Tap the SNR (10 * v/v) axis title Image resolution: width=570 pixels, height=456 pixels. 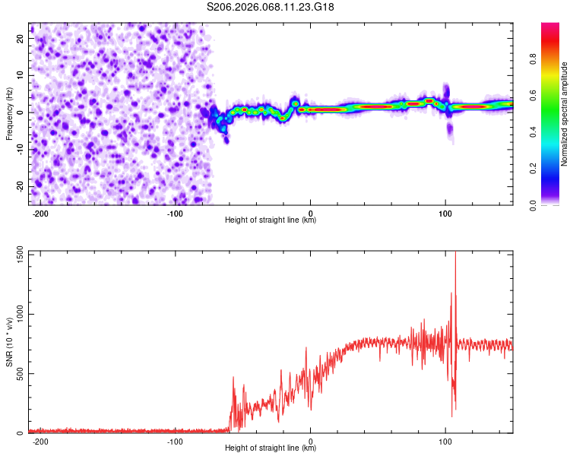pos(9,342)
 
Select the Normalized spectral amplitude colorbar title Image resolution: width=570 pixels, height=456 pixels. pos(565,114)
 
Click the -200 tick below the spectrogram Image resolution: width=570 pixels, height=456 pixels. pos(41,213)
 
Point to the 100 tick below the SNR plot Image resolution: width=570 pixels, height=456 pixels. pos(445,441)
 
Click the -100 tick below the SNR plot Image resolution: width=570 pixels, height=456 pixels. pos(176,441)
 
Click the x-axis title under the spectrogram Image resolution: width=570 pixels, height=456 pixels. pos(271,220)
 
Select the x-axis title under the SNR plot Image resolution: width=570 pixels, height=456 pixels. pos(271,448)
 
